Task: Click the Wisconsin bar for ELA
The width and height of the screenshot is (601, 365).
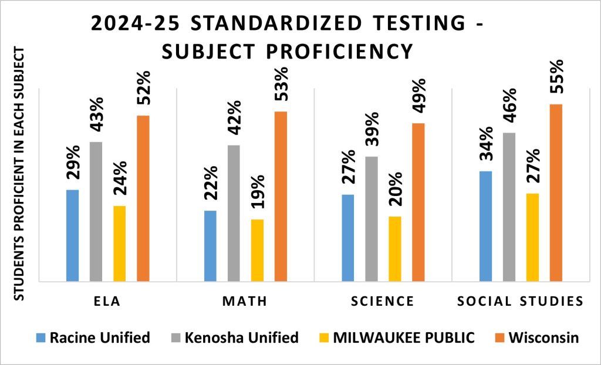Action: coord(143,198)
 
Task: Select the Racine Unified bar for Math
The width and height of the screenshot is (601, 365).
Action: coord(210,246)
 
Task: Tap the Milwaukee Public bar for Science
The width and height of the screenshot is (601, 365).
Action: coord(394,249)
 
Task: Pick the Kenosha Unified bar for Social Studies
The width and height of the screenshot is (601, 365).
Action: coord(509,207)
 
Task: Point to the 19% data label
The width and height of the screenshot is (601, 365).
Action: coord(258,195)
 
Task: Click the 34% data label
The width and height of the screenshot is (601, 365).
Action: coord(486,147)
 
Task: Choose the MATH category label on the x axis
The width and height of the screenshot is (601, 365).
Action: coord(245,302)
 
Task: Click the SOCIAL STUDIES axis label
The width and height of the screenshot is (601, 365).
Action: coord(520,302)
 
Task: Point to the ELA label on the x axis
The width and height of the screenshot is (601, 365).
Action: coord(108,302)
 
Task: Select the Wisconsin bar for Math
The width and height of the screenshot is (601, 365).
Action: coord(281,196)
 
